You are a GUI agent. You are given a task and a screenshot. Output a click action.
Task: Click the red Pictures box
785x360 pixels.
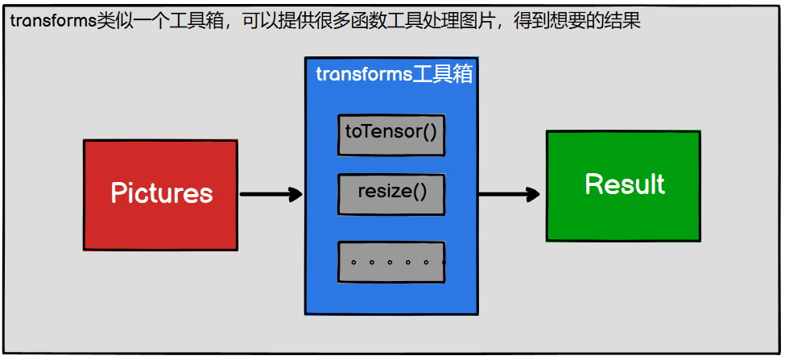coord(160,194)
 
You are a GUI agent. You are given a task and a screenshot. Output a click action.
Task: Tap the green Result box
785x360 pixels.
coord(623,185)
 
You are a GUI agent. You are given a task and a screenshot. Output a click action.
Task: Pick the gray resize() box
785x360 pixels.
coord(391,193)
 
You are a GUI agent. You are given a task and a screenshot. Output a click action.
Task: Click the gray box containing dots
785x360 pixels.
coord(391,261)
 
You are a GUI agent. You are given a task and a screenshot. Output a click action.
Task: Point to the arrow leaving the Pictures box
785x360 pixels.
coord(271,194)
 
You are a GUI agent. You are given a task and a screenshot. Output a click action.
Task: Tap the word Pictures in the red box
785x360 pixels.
coord(161,193)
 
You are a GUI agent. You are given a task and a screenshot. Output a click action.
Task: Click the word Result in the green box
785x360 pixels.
coord(625,184)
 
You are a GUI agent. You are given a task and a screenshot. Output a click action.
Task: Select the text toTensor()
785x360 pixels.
coord(391,130)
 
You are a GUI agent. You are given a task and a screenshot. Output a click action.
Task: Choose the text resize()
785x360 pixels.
coord(391,192)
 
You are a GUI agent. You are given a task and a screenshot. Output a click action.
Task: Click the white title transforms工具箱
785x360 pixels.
coord(394,74)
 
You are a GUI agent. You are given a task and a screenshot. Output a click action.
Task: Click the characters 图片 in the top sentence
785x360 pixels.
coord(477,21)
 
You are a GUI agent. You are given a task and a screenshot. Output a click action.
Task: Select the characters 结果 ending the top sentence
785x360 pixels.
coord(622,21)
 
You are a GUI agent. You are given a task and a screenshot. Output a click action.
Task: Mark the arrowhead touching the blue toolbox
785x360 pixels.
coord(295,194)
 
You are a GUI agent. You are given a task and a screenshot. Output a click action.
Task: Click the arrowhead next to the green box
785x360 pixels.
coord(531,194)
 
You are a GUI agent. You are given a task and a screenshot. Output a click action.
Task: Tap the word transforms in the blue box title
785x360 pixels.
coord(364,74)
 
